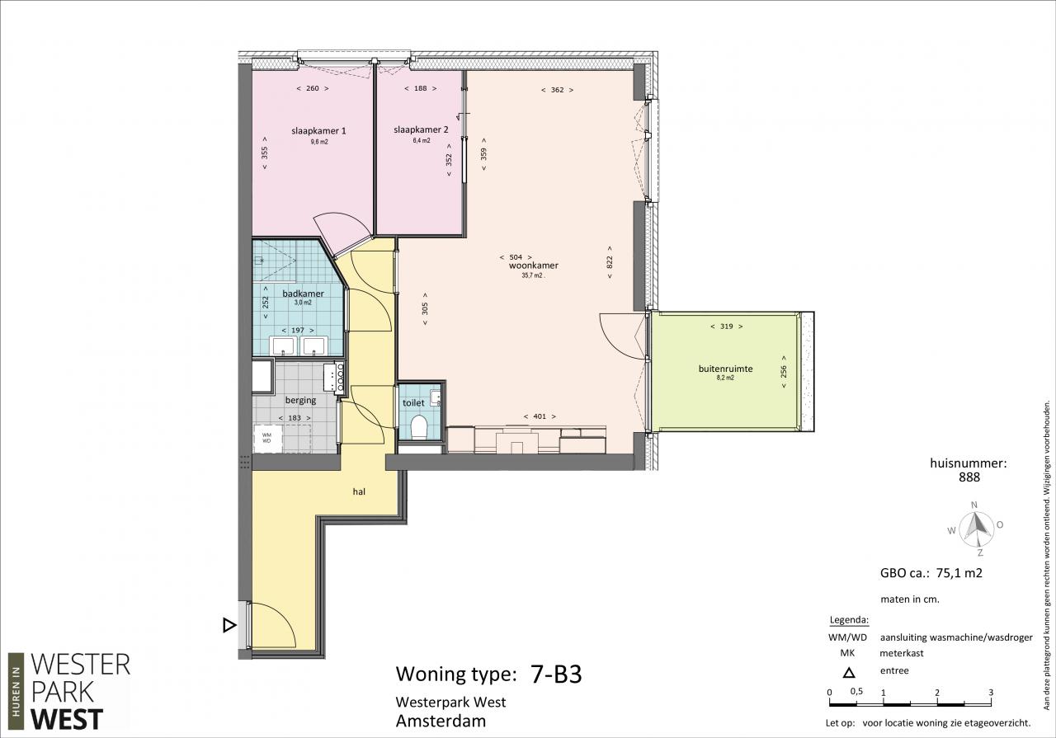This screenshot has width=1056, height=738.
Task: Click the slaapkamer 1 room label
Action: [x=318, y=131]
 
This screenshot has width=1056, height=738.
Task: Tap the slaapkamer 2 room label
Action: [x=421, y=129]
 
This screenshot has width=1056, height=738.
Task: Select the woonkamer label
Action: [x=534, y=266]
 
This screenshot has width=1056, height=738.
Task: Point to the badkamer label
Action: [x=303, y=294]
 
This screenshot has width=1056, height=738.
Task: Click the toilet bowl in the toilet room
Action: [x=418, y=427]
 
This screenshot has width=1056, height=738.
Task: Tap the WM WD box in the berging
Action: [x=266, y=438]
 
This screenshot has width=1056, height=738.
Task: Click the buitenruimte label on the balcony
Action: [x=725, y=369]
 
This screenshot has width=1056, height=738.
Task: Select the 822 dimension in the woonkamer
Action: [x=609, y=262]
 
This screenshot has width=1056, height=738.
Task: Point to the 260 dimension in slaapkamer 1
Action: [x=313, y=88]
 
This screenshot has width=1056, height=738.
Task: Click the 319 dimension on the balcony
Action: [x=727, y=326]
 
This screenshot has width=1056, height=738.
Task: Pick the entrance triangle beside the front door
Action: [x=229, y=625]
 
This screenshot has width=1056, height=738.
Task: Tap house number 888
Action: [x=969, y=477]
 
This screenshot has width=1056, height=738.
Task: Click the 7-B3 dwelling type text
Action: [x=556, y=674]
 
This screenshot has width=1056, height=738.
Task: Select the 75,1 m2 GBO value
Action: [x=959, y=573]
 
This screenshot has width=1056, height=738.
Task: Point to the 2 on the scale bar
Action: [x=936, y=693]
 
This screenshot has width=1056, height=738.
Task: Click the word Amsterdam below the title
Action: [x=441, y=722]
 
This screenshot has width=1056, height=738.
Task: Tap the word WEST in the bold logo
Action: [x=67, y=720]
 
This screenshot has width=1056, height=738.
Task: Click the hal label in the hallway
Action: [x=359, y=491]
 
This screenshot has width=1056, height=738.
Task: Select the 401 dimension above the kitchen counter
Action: [x=540, y=416]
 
